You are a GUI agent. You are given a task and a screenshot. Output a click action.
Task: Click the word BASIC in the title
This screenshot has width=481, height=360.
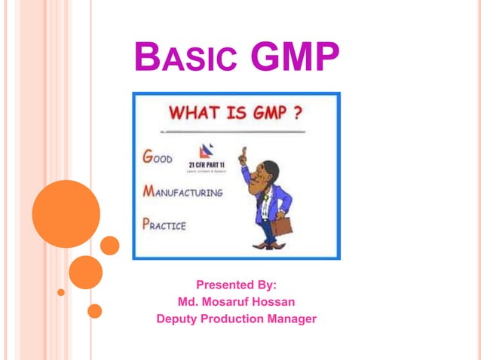pos(185,58)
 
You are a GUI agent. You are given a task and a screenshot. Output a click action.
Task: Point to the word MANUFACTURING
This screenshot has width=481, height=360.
pos(183,191)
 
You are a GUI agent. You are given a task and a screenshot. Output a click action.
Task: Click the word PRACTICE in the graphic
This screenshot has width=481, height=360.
pos(165,224)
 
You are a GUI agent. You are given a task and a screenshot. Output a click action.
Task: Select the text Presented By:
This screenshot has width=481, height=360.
pos(236,285)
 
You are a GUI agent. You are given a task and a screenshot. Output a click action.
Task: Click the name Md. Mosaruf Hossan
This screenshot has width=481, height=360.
pos(236,302)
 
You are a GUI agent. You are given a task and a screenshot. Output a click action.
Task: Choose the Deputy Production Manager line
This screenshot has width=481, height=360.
pos(236,319)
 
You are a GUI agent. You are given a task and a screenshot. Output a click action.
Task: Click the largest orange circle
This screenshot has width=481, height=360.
pos(66,214)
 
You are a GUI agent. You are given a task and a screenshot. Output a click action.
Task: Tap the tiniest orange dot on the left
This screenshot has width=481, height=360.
pos(61,291)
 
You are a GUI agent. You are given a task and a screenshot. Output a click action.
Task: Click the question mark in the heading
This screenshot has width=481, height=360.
pos(299,114)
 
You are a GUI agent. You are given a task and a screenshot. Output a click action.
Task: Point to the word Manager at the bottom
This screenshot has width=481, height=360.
pos(291,319)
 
